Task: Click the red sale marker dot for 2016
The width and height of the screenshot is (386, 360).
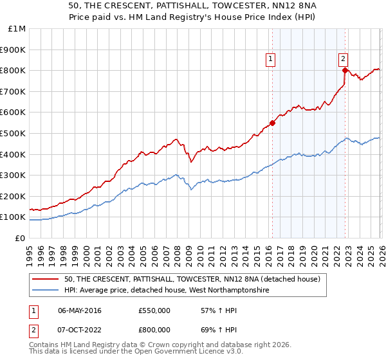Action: [272, 123]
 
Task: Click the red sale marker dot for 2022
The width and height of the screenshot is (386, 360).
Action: [345, 70]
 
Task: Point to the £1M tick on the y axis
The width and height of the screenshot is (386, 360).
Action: [17, 28]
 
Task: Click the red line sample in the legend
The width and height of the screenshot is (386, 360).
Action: [46, 279]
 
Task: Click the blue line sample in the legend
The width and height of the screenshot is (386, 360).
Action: [46, 291]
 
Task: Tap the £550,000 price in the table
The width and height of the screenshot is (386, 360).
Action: [154, 310]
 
